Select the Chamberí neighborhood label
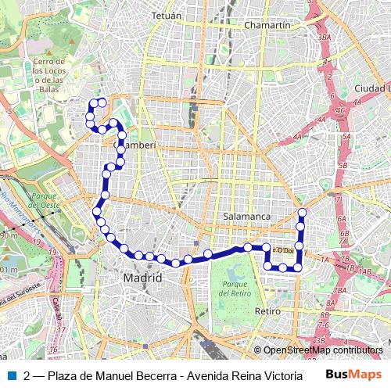click(137, 145)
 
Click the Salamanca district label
click(246, 216)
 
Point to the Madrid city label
click(142, 278)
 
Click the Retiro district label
click(267, 311)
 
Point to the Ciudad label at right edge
click(371, 88)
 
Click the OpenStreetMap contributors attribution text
click(322, 351)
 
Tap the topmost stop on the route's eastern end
click(302, 213)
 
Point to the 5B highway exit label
click(343, 166)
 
